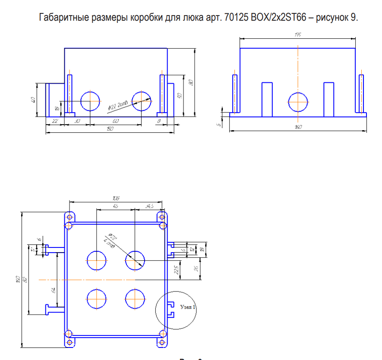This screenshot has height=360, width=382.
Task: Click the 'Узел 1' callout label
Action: [188, 307]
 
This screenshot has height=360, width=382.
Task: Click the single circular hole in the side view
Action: [298, 103]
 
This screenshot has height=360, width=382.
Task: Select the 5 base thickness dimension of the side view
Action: [219, 125]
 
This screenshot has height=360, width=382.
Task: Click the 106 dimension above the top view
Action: [115, 198]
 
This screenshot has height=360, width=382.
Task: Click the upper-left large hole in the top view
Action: [96, 260]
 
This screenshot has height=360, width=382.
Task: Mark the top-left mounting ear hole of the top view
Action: [69, 216]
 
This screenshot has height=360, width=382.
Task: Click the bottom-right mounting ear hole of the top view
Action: [162, 342]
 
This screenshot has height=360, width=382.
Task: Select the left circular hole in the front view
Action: [90, 101]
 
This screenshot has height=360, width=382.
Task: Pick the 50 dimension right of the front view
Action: [180, 95]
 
